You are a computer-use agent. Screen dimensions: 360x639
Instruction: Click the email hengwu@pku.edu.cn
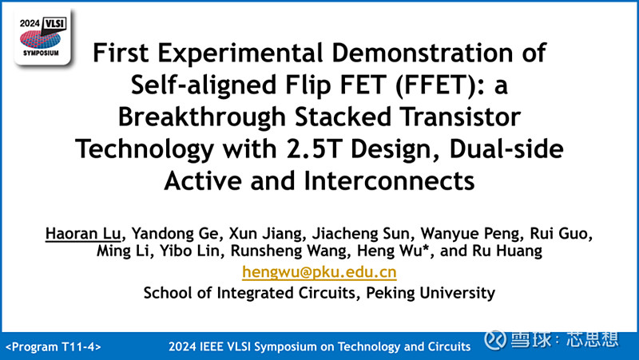point(319,272)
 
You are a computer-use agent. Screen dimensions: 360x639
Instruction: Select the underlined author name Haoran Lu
point(77,234)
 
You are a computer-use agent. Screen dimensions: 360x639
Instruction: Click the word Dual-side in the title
point(498,148)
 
